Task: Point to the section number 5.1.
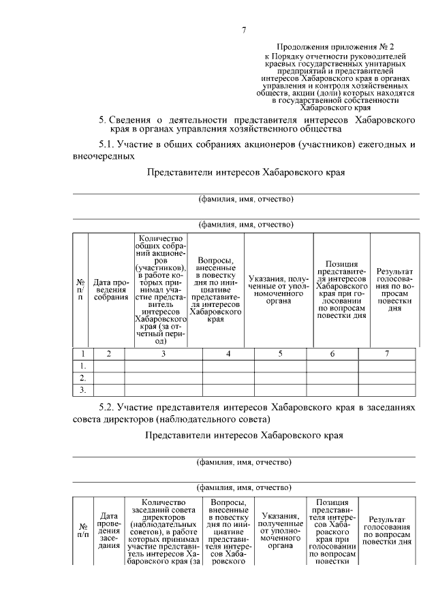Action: [x=108, y=145]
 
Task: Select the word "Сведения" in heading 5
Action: [x=136, y=120]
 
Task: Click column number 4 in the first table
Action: [x=228, y=354]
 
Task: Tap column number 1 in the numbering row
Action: [x=82, y=354]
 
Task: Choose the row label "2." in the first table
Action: [x=82, y=378]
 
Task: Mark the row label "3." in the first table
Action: [x=82, y=390]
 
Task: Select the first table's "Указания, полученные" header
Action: [x=279, y=289]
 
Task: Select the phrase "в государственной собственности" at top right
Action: [x=334, y=100]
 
